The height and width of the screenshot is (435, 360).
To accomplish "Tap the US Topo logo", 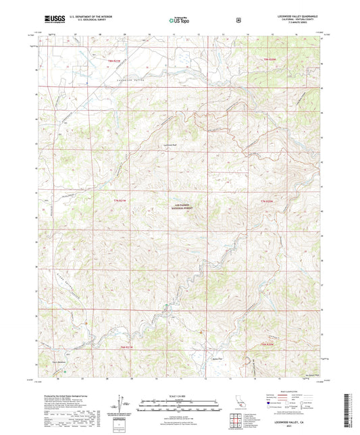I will (x=179, y=21).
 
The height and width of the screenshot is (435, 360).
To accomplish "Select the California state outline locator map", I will (x=241, y=403).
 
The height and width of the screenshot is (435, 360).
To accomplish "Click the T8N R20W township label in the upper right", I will (x=269, y=60).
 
